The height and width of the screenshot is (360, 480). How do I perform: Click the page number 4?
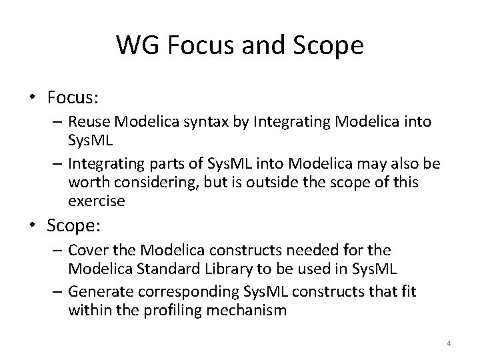(449, 343)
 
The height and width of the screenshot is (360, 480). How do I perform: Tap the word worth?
(85, 183)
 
